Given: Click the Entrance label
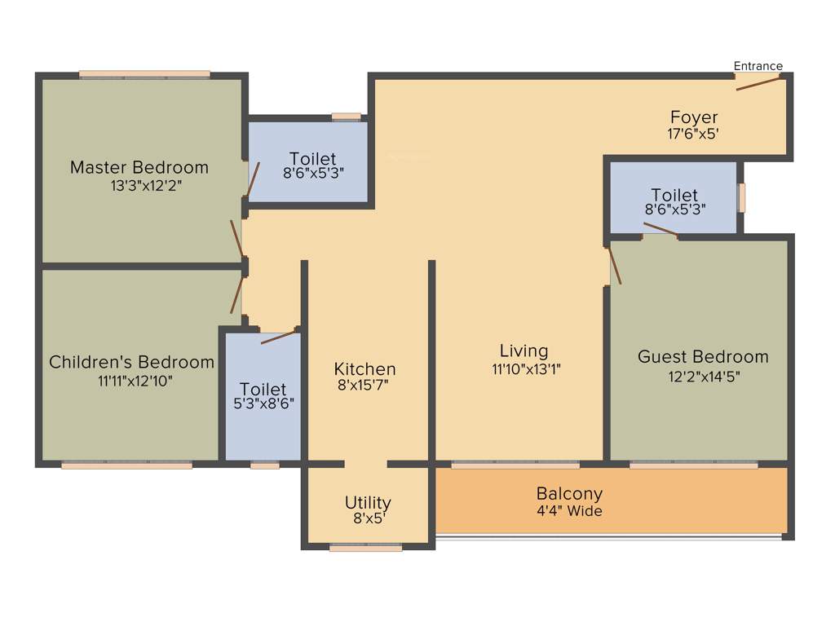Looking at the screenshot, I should pyautogui.click(x=758, y=66).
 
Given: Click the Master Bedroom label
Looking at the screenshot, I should pyautogui.click(x=139, y=167).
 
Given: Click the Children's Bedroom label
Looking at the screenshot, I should pyautogui.click(x=132, y=362).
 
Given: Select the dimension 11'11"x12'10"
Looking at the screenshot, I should pyautogui.click(x=135, y=380).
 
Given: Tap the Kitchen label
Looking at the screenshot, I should pyautogui.click(x=364, y=369).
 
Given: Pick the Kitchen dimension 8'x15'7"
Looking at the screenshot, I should pyautogui.click(x=363, y=386).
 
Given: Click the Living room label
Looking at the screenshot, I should pyautogui.click(x=524, y=350).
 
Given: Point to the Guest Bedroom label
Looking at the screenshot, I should pyautogui.click(x=703, y=356).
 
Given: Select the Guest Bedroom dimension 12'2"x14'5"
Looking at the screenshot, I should pyautogui.click(x=703, y=376).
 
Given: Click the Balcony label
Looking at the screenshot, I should pyautogui.click(x=569, y=493).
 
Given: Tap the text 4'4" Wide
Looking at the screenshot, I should pyautogui.click(x=569, y=511).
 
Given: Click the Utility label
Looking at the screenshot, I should pyautogui.click(x=368, y=502).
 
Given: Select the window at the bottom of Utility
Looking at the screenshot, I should pyautogui.click(x=365, y=548).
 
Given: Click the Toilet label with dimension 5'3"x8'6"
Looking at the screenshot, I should pyautogui.click(x=263, y=389).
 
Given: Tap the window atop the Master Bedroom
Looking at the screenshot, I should pyautogui.click(x=144, y=75).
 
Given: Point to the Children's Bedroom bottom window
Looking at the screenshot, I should pyautogui.click(x=126, y=465).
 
